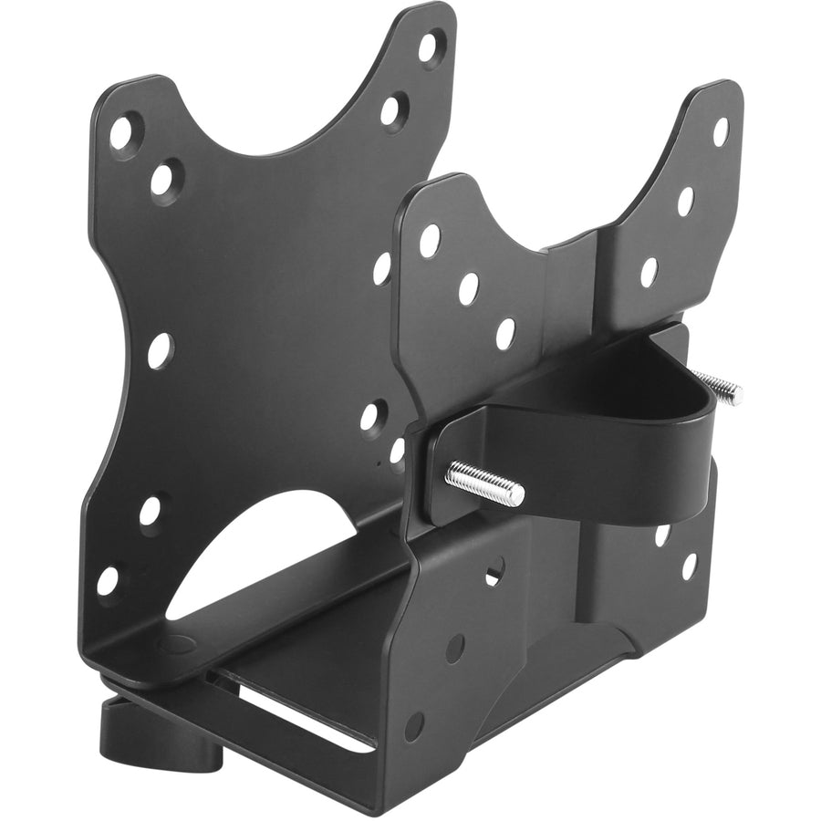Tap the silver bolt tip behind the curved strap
tap(726, 391)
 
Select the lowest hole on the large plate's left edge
tap(109, 580)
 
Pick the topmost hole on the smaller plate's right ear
tap(721, 131)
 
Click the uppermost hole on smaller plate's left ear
tap(429, 240)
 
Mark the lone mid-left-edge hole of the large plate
tap(160, 350)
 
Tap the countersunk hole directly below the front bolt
tap(494, 573)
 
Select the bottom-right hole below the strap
tap(690, 566)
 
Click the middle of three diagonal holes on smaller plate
tap(468, 288)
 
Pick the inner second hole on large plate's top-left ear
tap(165, 179)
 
